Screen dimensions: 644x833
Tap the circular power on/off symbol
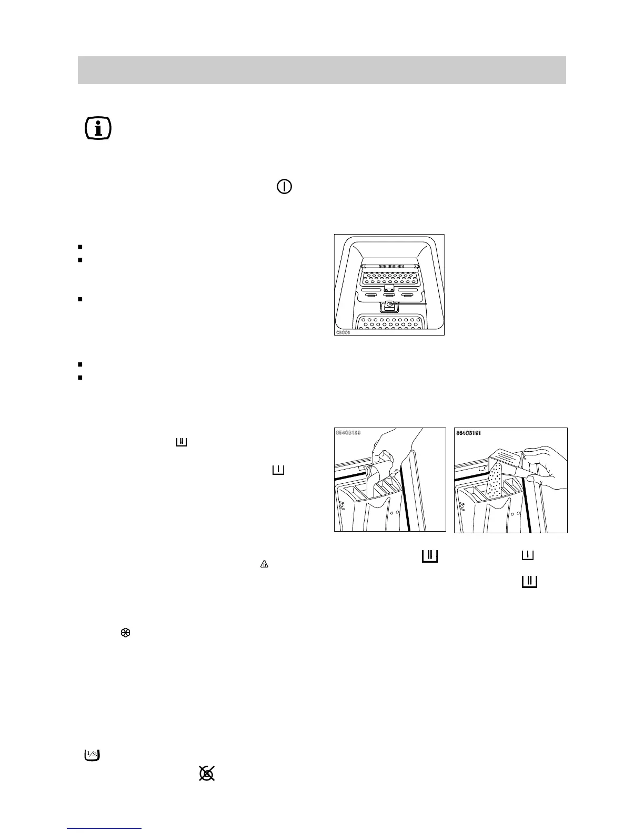click(284, 187)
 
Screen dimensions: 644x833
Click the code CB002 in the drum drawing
click(343, 332)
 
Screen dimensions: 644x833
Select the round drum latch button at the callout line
click(389, 304)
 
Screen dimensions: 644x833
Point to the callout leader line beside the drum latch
click(413, 303)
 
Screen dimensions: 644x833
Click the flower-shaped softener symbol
click(126, 634)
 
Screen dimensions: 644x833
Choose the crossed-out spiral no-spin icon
click(207, 773)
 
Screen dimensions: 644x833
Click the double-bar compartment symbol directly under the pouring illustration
click(429, 556)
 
